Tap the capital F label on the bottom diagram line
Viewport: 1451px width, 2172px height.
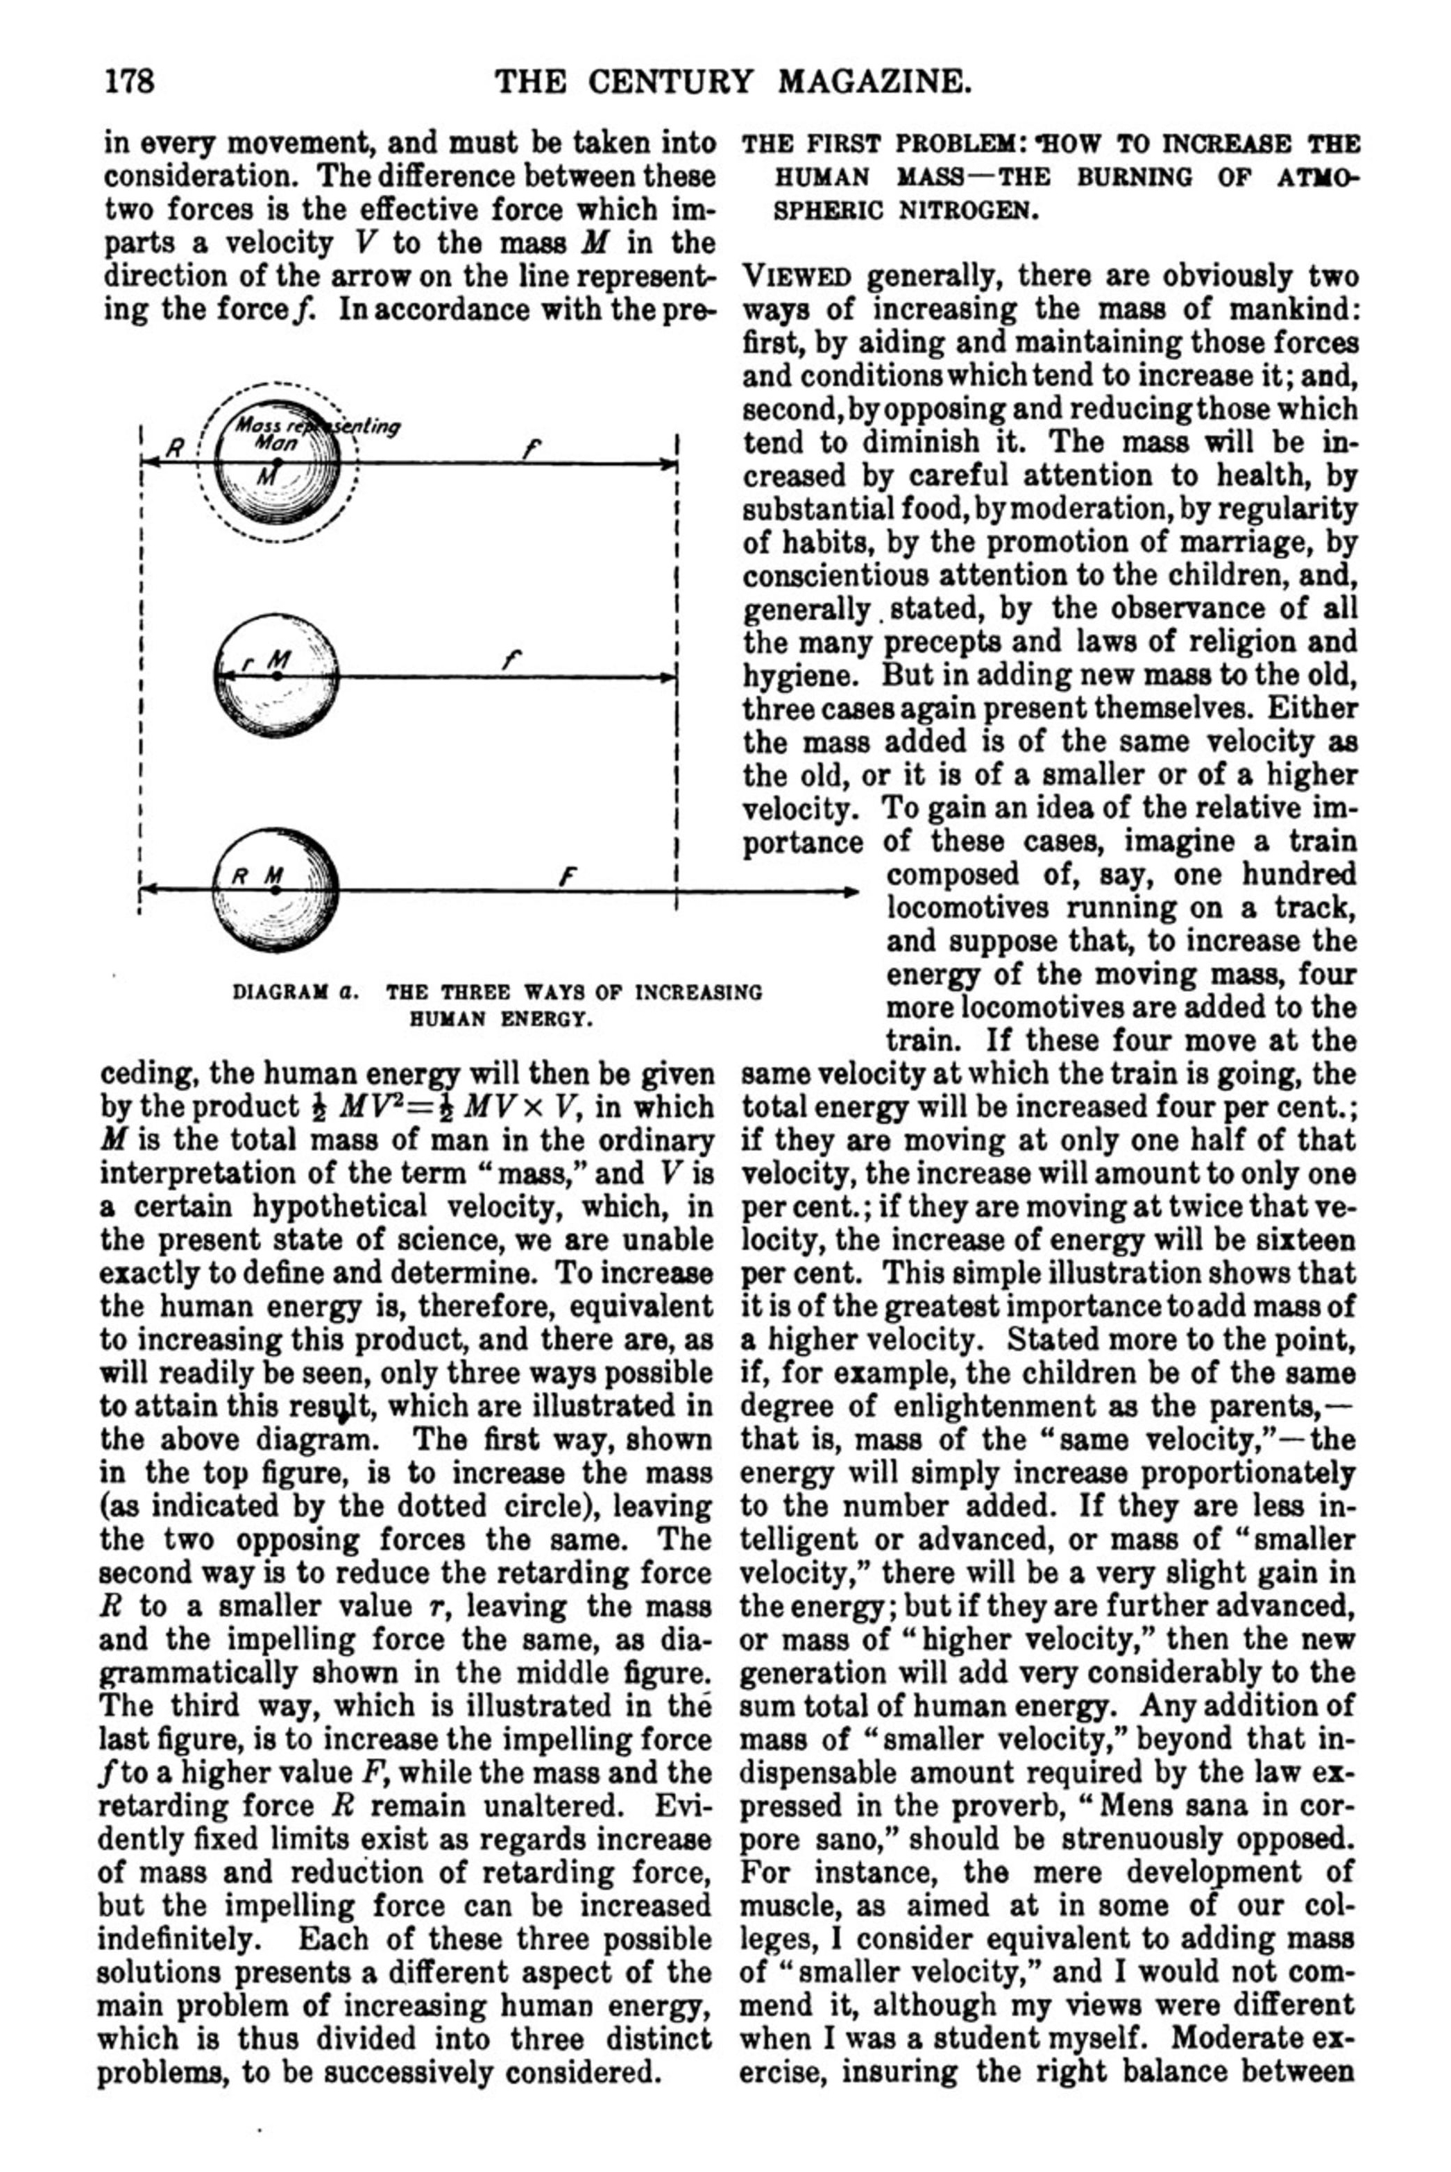click(x=563, y=875)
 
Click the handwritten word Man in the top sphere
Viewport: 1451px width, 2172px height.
click(x=275, y=442)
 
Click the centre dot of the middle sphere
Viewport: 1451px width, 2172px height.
click(x=275, y=676)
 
